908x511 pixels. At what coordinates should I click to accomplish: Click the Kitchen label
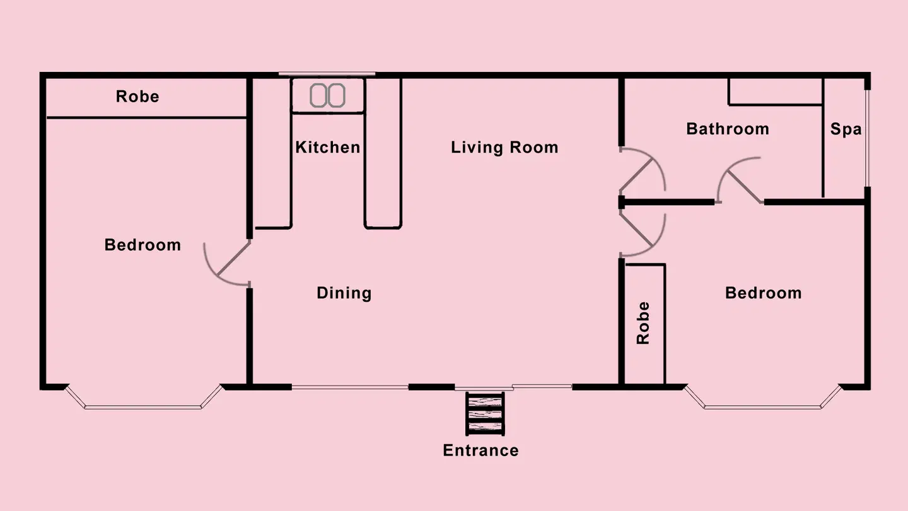(x=327, y=147)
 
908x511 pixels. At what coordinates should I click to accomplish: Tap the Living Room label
(x=504, y=147)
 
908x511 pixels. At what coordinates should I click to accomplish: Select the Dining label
(x=344, y=293)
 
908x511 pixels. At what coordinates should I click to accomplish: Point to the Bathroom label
(x=728, y=129)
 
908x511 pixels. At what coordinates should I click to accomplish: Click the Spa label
(x=846, y=129)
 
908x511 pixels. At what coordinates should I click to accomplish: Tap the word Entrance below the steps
(x=480, y=450)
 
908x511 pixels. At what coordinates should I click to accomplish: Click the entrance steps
(x=485, y=414)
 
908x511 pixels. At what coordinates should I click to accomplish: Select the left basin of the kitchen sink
(x=318, y=96)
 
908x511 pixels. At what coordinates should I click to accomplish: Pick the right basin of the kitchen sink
(x=337, y=96)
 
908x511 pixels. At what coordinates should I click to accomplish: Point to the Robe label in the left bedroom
(x=137, y=97)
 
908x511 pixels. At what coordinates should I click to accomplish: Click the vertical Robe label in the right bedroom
(x=643, y=323)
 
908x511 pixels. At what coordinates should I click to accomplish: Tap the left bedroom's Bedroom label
(x=143, y=245)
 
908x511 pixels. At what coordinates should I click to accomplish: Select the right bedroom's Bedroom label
(x=763, y=293)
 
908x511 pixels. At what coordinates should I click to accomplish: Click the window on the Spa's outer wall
(x=867, y=138)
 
